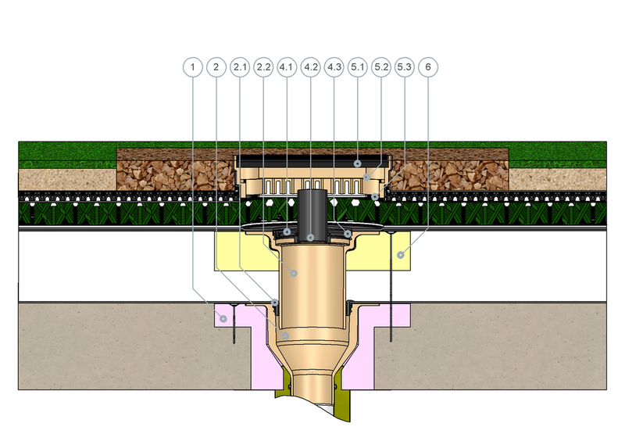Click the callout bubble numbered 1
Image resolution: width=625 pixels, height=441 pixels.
click(x=193, y=67)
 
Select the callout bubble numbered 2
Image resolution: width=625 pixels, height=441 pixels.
click(x=216, y=67)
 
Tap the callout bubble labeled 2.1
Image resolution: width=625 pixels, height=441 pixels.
click(x=240, y=67)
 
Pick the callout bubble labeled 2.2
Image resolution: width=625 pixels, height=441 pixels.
click(x=263, y=67)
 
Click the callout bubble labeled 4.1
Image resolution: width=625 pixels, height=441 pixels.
click(x=287, y=67)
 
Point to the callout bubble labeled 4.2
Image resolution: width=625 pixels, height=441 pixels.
click(x=310, y=67)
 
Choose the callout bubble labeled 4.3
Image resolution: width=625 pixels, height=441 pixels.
click(x=334, y=67)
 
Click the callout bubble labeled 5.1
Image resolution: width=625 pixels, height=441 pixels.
click(x=358, y=67)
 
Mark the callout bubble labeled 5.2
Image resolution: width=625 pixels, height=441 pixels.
click(x=381, y=67)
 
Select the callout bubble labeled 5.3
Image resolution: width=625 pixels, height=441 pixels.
click(x=405, y=67)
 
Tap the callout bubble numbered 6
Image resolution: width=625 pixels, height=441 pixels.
click(x=428, y=67)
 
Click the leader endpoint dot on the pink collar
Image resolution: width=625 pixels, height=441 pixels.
click(x=223, y=319)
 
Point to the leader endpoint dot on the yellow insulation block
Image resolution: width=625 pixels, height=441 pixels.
click(x=401, y=255)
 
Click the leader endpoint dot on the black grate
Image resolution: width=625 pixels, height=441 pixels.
click(x=358, y=163)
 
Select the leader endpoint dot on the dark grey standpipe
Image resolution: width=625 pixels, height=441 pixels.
click(x=310, y=238)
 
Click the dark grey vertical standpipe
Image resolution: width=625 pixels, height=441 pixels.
click(x=312, y=216)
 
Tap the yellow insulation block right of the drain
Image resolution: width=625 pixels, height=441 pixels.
click(x=383, y=252)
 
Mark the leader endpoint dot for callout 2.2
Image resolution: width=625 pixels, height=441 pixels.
click(x=294, y=274)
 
